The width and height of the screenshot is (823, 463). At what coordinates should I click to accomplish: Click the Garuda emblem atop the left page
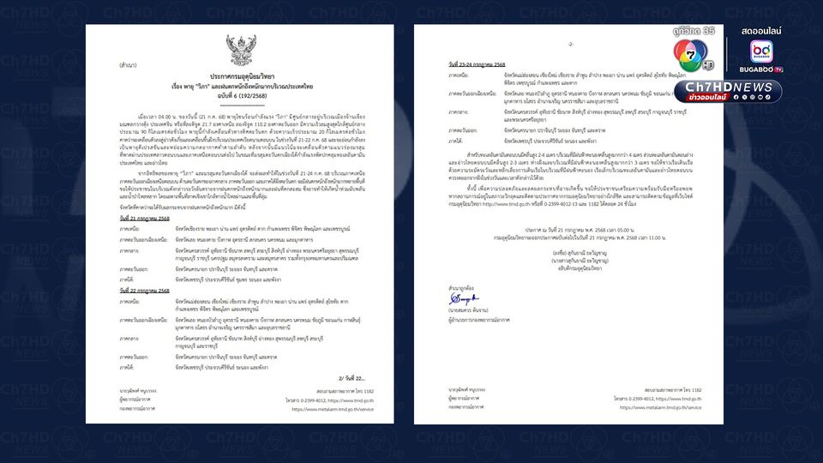(x=241, y=46)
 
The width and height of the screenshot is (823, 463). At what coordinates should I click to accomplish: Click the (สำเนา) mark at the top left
(x=107, y=39)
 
